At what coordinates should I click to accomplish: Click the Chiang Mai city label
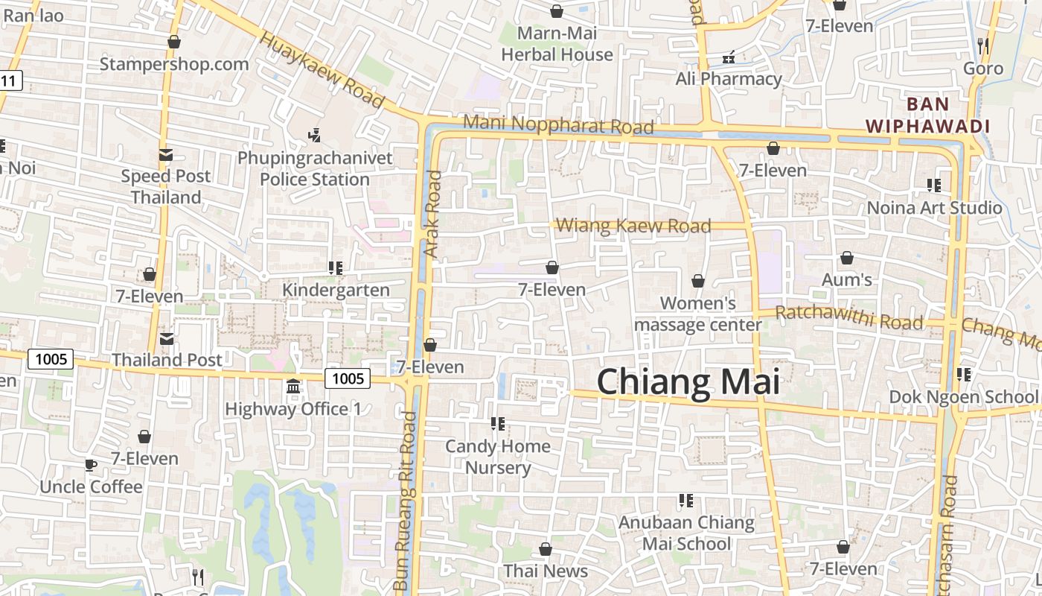click(x=688, y=382)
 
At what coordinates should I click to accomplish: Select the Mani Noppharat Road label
click(x=558, y=124)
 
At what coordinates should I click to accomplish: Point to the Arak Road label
click(x=432, y=215)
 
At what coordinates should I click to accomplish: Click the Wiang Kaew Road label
click(x=633, y=225)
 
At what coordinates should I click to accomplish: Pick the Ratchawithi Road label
click(x=848, y=317)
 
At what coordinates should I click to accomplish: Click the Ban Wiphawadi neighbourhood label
click(x=927, y=115)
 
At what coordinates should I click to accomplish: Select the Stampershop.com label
click(x=174, y=64)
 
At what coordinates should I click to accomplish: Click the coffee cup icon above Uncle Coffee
click(x=90, y=466)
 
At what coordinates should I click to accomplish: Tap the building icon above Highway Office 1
click(x=293, y=387)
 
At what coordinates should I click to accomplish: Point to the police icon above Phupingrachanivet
click(x=314, y=136)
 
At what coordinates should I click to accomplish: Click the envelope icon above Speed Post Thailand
click(x=166, y=155)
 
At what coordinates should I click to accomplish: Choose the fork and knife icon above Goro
click(x=982, y=46)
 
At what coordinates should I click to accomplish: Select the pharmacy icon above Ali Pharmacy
click(x=729, y=57)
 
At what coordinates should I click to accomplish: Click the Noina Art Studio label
click(x=934, y=207)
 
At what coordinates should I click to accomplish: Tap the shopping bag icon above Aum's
click(x=846, y=259)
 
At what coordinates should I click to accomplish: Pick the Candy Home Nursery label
click(x=498, y=457)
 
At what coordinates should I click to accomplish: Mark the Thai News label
click(x=546, y=571)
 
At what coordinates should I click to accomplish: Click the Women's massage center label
click(x=698, y=314)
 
